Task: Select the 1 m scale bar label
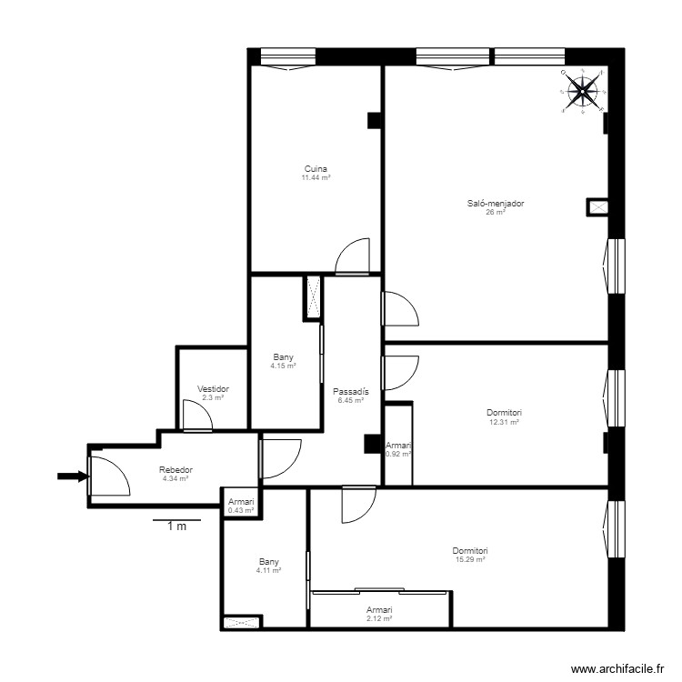(176, 527)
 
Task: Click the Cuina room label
(316, 168)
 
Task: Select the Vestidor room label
(213, 388)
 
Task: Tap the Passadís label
(350, 392)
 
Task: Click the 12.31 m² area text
(504, 422)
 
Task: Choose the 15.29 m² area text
(470, 560)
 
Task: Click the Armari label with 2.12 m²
(379, 609)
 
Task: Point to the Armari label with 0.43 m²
(241, 502)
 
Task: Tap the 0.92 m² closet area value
(398, 454)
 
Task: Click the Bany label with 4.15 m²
(284, 357)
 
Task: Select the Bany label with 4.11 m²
(268, 561)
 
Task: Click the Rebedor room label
(176, 469)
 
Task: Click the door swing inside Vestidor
(196, 416)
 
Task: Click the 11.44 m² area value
(316, 177)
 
